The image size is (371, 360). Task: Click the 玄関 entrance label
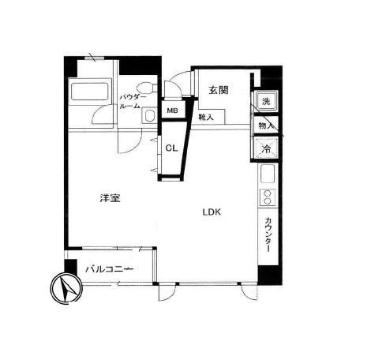click(219, 90)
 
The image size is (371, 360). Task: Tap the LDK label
click(212, 212)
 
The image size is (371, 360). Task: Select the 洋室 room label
click(110, 198)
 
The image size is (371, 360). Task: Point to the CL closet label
click(171, 148)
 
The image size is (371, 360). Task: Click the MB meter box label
click(173, 111)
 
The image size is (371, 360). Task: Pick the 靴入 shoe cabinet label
click(206, 118)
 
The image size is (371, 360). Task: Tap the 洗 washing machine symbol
click(266, 101)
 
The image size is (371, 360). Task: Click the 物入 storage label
click(265, 126)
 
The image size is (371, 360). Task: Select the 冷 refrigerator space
click(266, 149)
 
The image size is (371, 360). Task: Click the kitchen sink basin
click(268, 174)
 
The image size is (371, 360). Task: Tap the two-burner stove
click(268, 197)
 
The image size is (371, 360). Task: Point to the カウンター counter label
click(268, 234)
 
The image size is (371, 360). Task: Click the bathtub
click(90, 92)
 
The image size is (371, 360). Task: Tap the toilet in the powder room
click(147, 88)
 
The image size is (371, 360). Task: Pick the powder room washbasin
click(149, 116)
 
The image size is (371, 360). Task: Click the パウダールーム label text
click(133, 102)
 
